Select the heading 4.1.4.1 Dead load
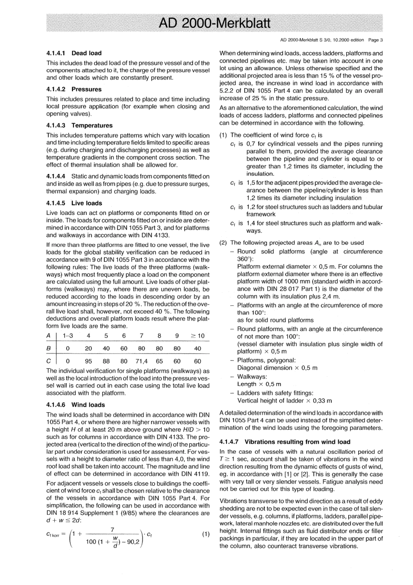pos(74,53)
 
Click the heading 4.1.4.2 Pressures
pos(74,89)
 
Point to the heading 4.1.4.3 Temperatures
pos(79,125)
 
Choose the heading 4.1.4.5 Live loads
pos(74,203)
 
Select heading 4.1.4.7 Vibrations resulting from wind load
pos(285,441)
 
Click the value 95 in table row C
pos(88,361)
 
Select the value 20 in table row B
pos(88,348)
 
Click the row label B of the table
pos(48,348)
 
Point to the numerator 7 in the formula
pos(113,529)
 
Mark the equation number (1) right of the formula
pos(206,534)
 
